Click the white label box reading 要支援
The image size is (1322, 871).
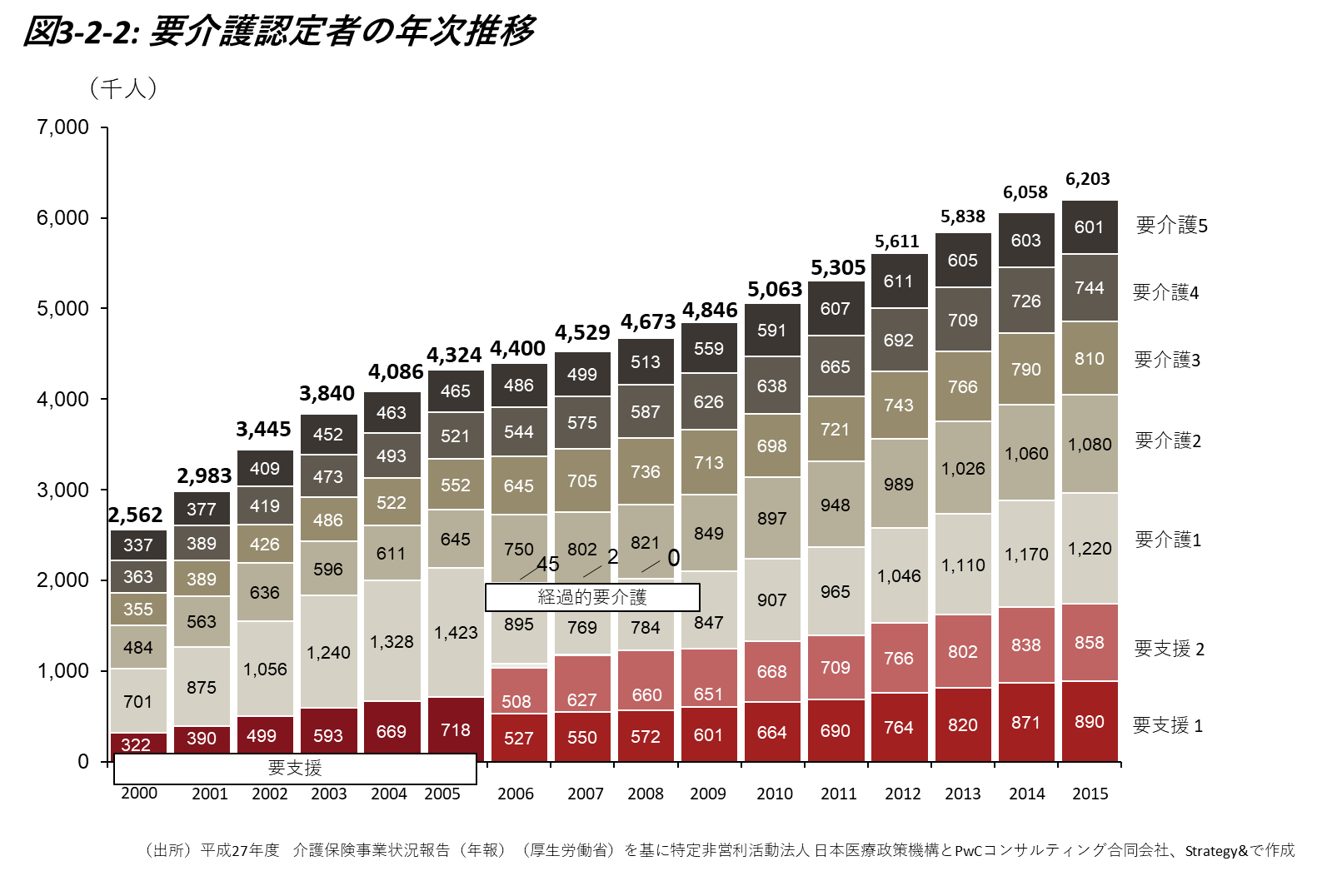point(295,769)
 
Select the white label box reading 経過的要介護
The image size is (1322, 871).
point(592,597)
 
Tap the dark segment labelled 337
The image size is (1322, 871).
point(138,545)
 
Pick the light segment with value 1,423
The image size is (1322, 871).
point(456,633)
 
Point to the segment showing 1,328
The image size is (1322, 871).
point(392,641)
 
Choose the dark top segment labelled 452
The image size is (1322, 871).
point(328,434)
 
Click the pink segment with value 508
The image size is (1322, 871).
point(519,691)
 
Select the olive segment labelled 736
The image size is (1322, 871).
point(646,471)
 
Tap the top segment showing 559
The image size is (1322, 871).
point(709,348)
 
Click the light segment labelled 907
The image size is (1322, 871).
point(772,600)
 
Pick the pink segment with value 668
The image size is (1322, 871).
point(772,671)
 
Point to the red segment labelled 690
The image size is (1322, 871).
point(836,730)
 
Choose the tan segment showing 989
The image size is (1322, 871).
point(899,484)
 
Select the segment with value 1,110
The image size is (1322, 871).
point(963,565)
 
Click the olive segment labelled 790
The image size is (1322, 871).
point(1026,369)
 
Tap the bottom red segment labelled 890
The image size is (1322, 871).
point(1090,721)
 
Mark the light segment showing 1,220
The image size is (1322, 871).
point(1090,548)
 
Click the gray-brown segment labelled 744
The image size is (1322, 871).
point(1090,287)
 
